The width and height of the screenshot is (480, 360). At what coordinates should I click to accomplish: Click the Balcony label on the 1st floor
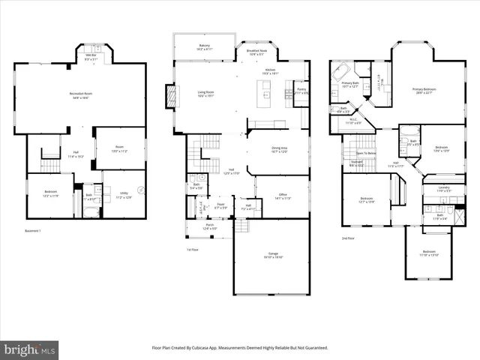[x=204, y=46]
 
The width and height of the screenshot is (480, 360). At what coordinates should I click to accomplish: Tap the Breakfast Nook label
[x=256, y=52]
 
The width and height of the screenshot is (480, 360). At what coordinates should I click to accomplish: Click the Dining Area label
[x=280, y=149]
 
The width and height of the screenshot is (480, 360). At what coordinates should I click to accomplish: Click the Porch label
[x=209, y=226]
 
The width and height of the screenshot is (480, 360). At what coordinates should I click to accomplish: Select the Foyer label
[x=221, y=205]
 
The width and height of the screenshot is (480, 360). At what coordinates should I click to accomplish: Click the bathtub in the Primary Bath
[x=341, y=75]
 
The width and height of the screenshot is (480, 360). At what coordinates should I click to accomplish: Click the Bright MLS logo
[x=30, y=349]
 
